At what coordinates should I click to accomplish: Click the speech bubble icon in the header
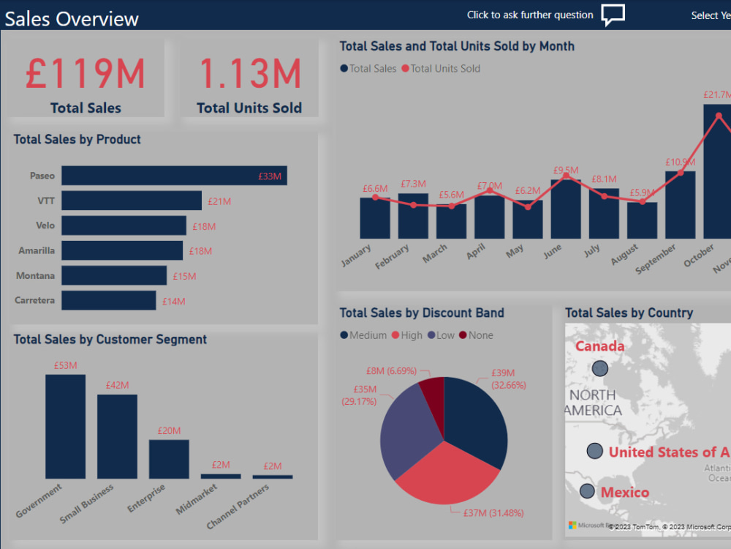click(x=613, y=15)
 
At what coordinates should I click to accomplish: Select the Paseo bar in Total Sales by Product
click(x=174, y=176)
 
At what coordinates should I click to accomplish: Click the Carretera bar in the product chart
click(x=108, y=300)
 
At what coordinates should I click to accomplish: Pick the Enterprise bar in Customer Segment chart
click(x=169, y=459)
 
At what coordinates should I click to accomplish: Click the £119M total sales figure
click(x=86, y=74)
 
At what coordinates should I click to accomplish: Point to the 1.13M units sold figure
click(x=249, y=74)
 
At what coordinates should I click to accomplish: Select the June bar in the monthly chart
click(x=566, y=209)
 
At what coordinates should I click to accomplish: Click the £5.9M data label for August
click(x=642, y=193)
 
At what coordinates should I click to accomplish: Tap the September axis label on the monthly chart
click(x=656, y=260)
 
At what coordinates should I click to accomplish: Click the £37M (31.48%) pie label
click(x=493, y=513)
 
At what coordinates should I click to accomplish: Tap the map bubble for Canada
click(x=600, y=367)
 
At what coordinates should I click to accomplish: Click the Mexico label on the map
click(x=624, y=492)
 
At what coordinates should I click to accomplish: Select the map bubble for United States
click(x=595, y=451)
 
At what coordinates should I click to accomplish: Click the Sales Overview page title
click(x=72, y=18)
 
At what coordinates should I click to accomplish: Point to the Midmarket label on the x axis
click(x=196, y=498)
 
